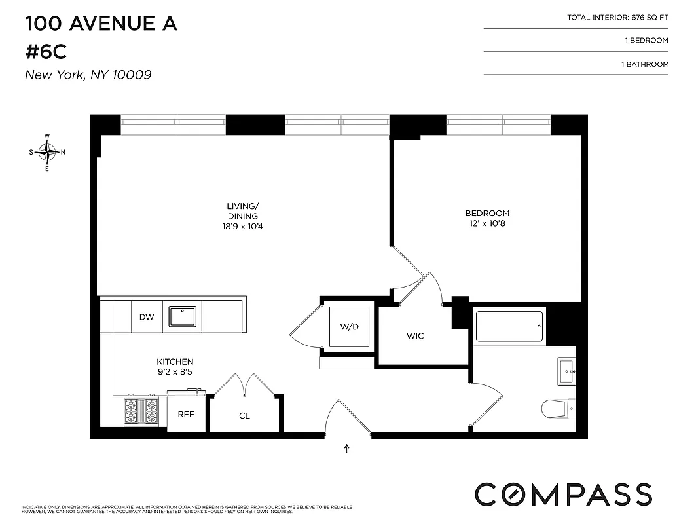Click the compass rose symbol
coord(47,152)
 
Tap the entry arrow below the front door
coord(346,449)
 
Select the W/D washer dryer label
coord(349,327)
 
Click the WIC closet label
coord(415,336)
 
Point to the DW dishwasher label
coord(147,318)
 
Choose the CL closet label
coord(244,416)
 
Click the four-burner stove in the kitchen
coord(141,411)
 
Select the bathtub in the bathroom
coord(509,326)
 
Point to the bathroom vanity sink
coord(566,370)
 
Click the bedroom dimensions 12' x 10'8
coord(487,224)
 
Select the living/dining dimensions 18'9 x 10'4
coord(242,227)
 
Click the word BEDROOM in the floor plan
coord(487,214)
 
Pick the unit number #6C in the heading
coord(46,52)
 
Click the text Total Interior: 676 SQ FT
coord(617,18)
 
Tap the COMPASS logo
coord(563,494)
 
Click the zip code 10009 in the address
coord(131,75)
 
